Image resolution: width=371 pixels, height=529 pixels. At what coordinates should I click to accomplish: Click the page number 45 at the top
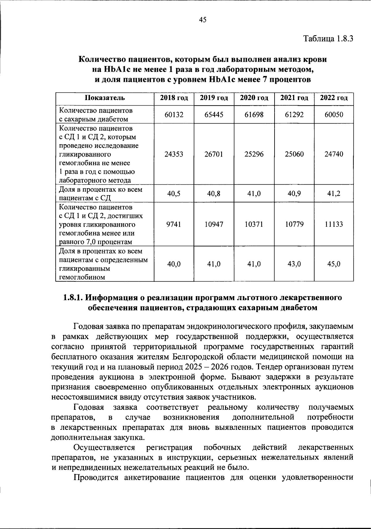point(203,20)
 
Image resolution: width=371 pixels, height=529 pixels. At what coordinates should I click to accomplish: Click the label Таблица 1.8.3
point(328,39)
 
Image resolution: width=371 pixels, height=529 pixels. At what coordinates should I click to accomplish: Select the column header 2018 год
point(174,98)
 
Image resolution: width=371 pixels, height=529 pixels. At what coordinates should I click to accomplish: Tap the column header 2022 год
point(334,98)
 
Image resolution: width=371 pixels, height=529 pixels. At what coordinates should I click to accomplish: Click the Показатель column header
point(105,98)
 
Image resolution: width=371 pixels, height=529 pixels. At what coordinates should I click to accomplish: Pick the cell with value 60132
point(174,115)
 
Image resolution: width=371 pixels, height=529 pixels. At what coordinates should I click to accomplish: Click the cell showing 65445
point(214,115)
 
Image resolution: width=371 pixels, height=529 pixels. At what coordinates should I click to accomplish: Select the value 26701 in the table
point(214,154)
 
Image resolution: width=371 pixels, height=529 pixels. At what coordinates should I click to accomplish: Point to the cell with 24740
point(334,154)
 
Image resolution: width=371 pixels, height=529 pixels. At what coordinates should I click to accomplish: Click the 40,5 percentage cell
point(174,194)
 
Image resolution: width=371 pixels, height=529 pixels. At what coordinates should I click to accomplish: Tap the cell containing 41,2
point(334,194)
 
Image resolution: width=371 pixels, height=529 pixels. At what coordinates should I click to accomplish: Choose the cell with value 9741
point(174,224)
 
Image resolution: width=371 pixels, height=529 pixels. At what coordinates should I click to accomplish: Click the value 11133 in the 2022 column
point(334,224)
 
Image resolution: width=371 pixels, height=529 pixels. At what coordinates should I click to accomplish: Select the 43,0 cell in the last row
point(294,264)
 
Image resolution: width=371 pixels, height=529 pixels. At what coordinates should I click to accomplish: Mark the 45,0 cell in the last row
point(334,264)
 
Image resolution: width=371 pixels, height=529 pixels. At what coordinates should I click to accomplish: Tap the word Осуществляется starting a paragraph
point(104,447)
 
